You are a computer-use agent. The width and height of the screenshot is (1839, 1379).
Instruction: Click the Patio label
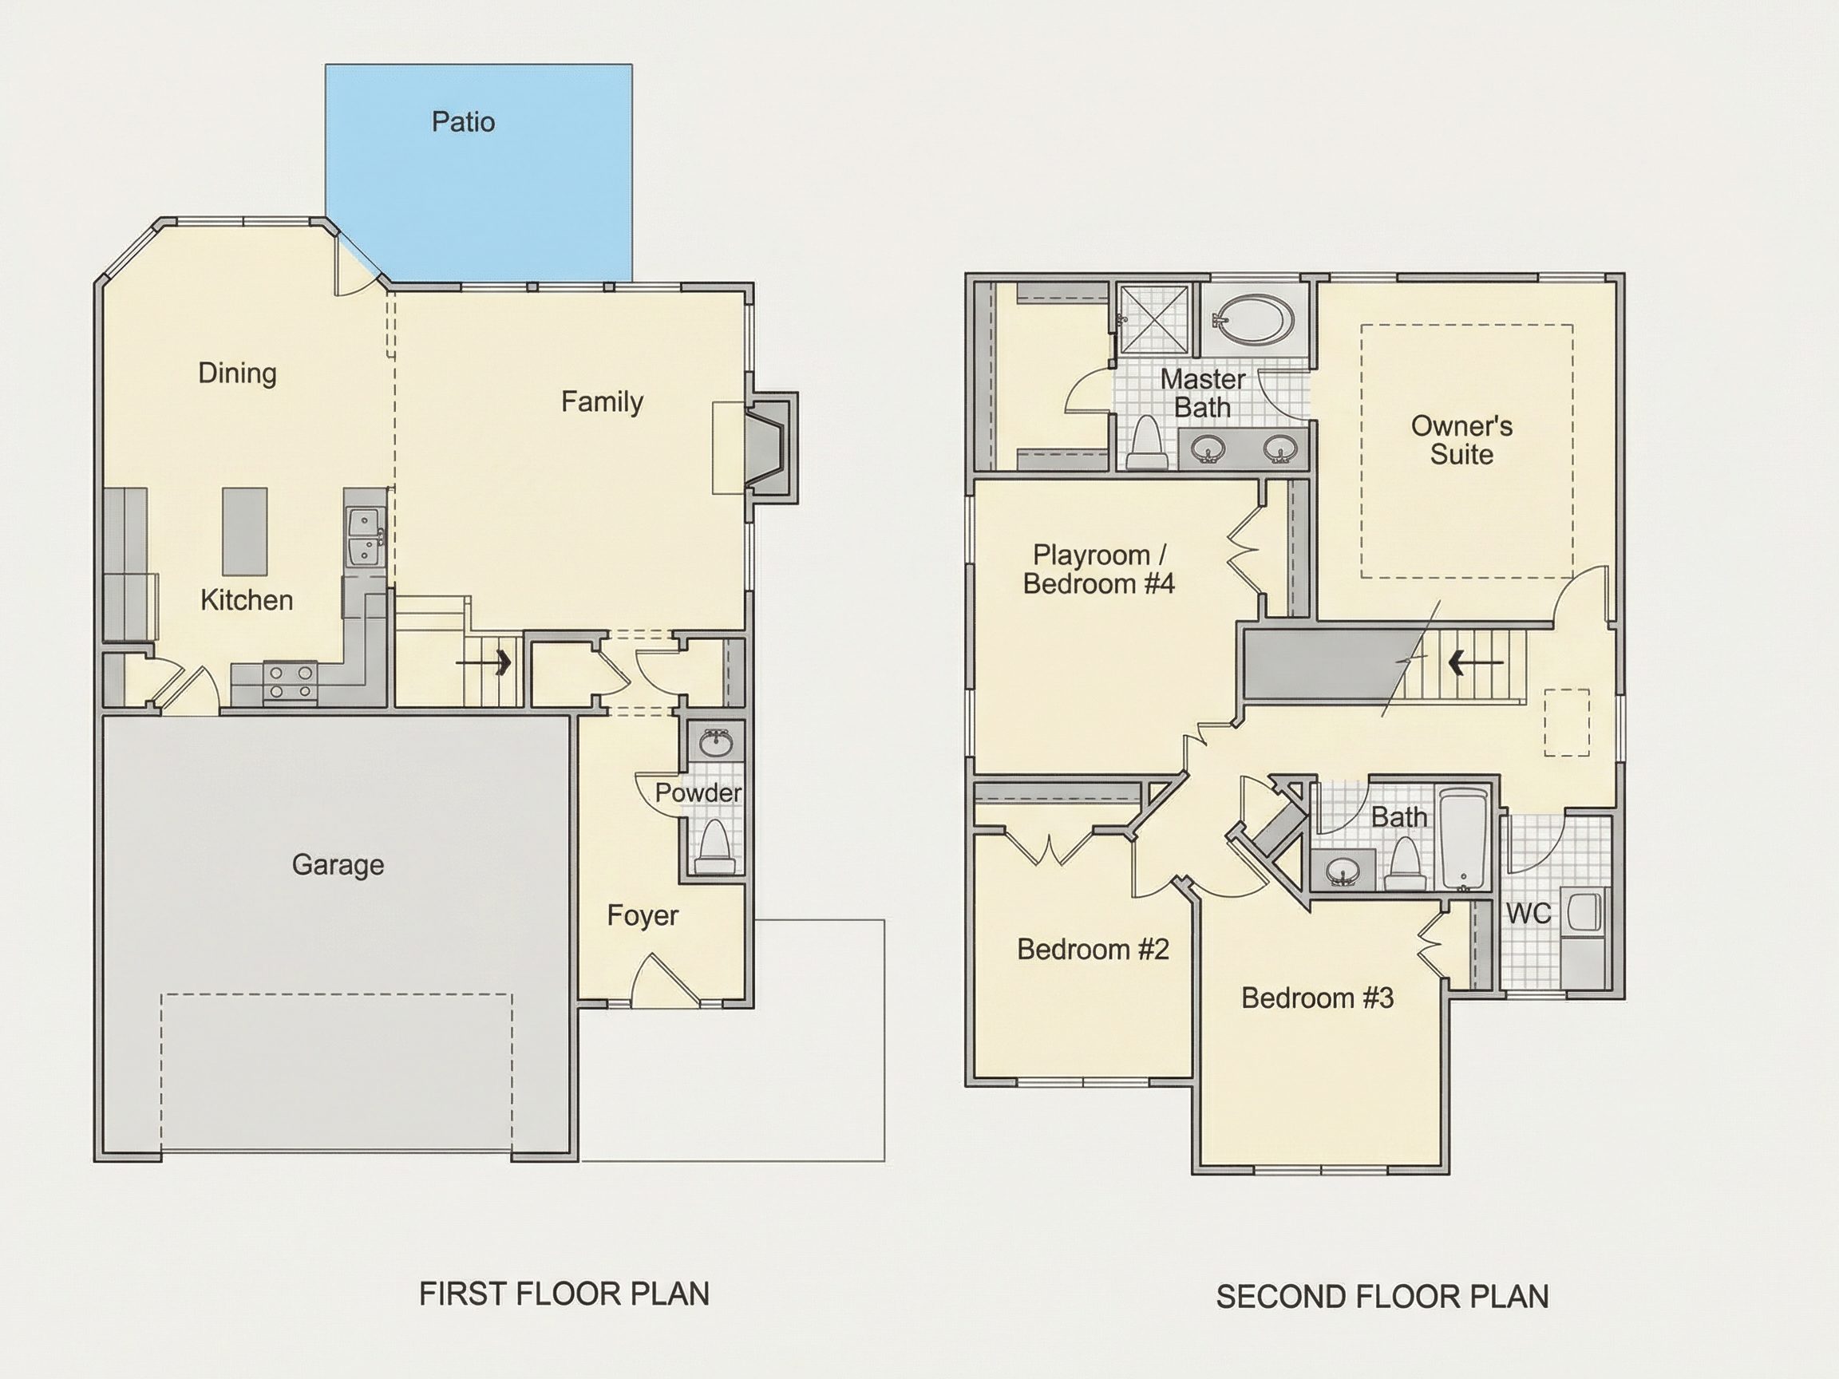tap(463, 122)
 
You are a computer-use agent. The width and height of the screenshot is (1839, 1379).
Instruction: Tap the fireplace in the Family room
tap(769, 448)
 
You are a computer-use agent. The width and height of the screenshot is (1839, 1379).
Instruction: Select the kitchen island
tap(244, 531)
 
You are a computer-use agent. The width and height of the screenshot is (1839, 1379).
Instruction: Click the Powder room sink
tap(716, 743)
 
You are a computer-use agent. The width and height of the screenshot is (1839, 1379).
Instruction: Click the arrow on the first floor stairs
tap(483, 662)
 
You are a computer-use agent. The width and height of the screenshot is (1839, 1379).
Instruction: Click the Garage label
tap(338, 865)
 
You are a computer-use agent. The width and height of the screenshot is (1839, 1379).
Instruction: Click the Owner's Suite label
tap(1461, 440)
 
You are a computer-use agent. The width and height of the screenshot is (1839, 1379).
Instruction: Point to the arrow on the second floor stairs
tap(1475, 662)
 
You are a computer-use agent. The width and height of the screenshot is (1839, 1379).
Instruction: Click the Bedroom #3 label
tap(1317, 998)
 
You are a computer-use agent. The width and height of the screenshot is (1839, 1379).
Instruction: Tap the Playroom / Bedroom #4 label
tap(1098, 569)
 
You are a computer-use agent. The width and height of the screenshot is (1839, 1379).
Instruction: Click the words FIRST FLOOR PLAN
tap(564, 1294)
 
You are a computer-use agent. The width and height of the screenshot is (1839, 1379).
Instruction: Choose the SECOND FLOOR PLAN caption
tap(1382, 1297)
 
